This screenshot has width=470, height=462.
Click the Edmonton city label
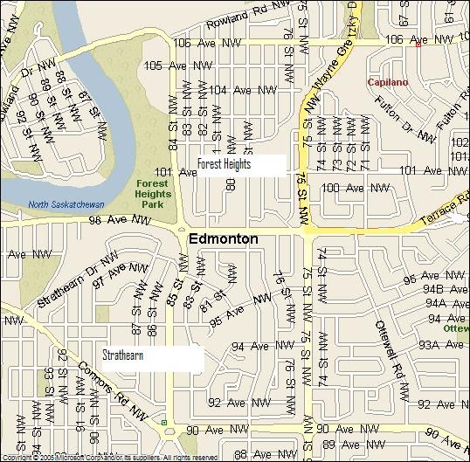[x=223, y=238]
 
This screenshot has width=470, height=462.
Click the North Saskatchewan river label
[x=66, y=204]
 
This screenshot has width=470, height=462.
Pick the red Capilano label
[x=387, y=81]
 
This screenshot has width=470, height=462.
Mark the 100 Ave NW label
[x=355, y=188]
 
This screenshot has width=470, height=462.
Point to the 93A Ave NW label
[x=440, y=345]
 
